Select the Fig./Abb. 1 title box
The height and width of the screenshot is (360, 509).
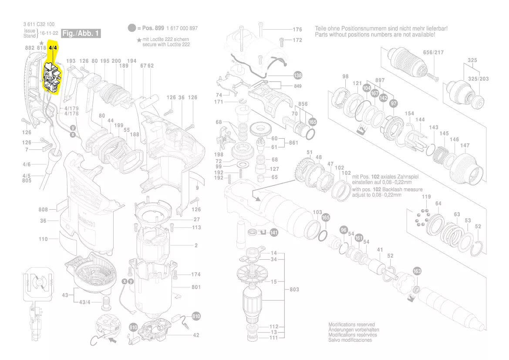[x=81, y=34]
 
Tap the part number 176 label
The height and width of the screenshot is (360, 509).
[x=297, y=30]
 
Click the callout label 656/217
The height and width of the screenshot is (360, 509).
[x=433, y=52]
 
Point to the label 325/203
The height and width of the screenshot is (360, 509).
[x=478, y=78]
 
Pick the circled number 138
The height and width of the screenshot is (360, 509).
[x=298, y=74]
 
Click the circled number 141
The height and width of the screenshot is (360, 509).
[x=273, y=233]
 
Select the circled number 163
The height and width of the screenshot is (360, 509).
[x=417, y=271]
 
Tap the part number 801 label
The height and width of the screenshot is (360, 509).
[x=196, y=287]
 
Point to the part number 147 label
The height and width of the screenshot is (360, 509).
[x=465, y=145]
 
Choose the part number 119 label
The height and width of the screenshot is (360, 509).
[x=426, y=197]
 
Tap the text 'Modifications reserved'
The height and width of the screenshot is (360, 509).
[x=351, y=325]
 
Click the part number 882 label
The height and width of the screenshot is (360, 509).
[x=30, y=48]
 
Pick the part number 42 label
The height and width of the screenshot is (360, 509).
[x=196, y=335]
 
